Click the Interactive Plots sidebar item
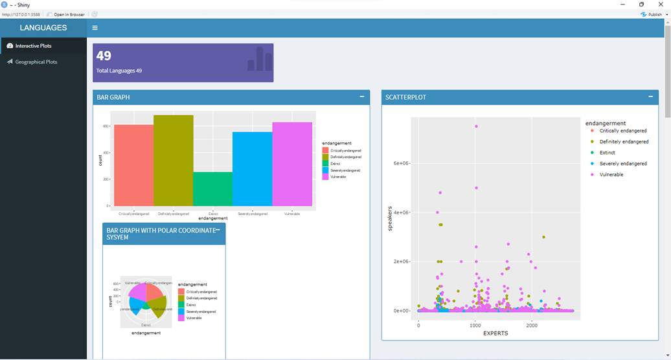pos(33,46)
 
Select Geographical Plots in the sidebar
pos(36,62)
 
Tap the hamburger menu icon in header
pos(95,28)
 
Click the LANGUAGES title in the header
pos(43,28)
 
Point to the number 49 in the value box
pos(104,56)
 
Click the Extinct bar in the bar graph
pos(213,188)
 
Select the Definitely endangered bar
pos(174,161)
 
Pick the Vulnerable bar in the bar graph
pos(292,164)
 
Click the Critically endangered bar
pos(133,165)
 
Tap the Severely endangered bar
pos(253,169)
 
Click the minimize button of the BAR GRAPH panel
pos(361,97)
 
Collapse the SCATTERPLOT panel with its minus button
pos(650,97)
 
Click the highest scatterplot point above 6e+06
pos(476,126)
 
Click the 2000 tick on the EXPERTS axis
pos(532,326)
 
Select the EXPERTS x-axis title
pos(495,333)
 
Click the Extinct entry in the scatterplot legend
pos(607,153)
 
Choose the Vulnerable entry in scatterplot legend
pos(611,175)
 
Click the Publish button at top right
pos(652,14)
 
